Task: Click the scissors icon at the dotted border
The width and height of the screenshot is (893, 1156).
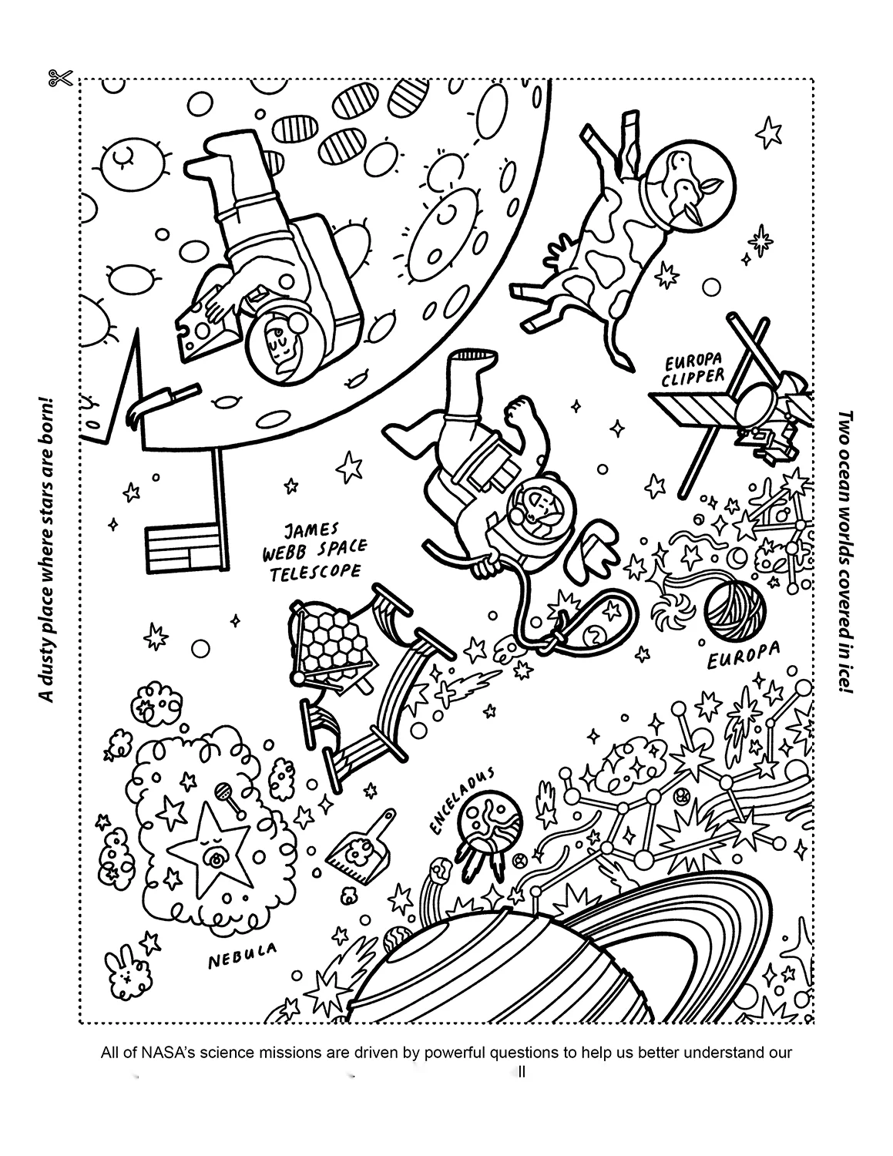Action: point(59,78)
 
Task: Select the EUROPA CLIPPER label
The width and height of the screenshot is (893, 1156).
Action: point(693,369)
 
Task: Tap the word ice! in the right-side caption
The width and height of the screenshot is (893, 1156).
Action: point(845,676)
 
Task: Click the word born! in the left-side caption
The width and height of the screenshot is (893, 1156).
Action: point(47,422)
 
